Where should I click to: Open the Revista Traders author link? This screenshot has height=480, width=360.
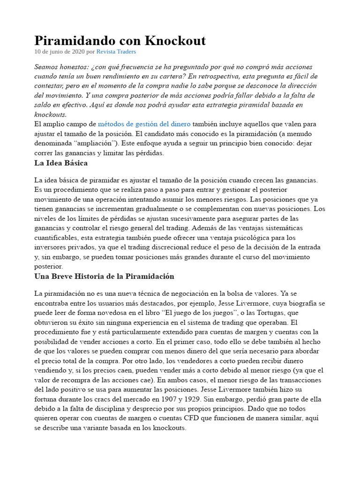[x=116, y=52]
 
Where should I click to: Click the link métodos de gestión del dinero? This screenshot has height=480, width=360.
[x=144, y=124]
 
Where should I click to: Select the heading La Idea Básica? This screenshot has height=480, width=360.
[x=61, y=163]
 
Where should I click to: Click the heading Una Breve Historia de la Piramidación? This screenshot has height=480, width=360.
[x=104, y=276]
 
